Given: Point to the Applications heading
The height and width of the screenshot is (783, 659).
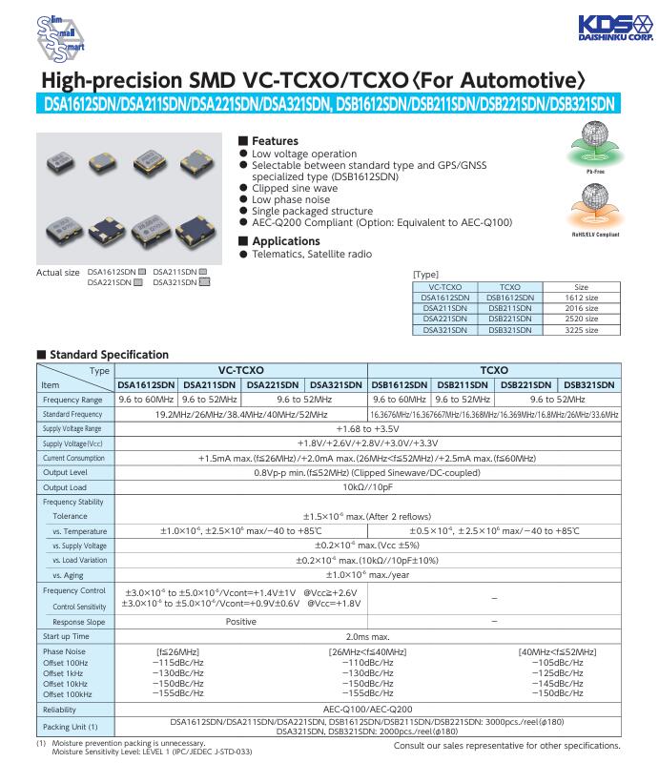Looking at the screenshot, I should [285, 241].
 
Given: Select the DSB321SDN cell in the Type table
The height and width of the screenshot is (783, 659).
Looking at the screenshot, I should [510, 330].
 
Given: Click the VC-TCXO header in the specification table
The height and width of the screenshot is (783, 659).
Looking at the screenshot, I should [241, 369].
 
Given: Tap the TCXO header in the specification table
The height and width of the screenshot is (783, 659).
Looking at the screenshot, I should [494, 369].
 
